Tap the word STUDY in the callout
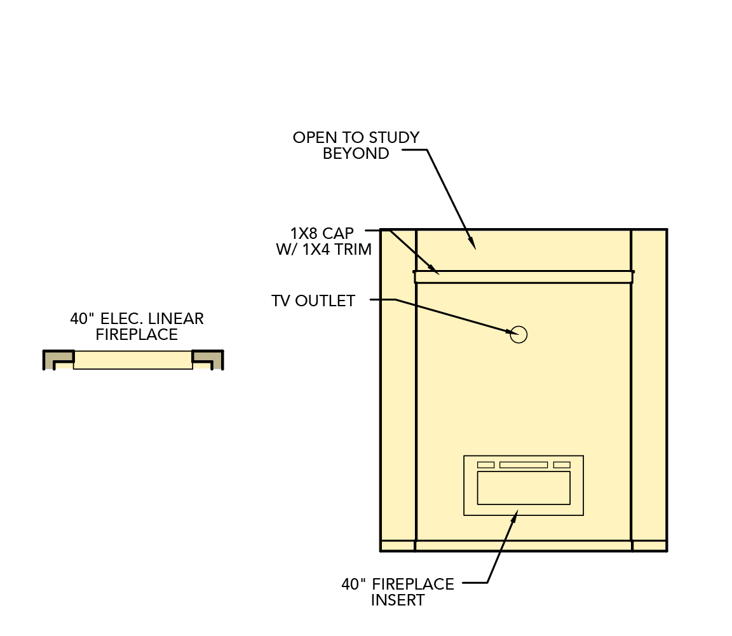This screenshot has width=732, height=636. [394, 138]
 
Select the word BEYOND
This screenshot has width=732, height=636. [356, 154]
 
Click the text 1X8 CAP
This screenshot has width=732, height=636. [322, 233]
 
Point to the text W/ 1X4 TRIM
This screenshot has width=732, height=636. [323, 249]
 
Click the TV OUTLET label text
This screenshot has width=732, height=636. [313, 301]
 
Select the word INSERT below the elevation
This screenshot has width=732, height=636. [398, 600]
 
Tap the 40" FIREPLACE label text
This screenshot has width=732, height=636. [398, 584]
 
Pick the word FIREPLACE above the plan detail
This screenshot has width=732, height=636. [137, 335]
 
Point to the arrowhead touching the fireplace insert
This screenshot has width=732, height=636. [515, 515]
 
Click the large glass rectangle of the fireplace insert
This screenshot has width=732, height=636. [524, 487]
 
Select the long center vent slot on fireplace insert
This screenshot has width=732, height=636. [524, 464]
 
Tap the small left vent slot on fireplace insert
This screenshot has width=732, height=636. [485, 464]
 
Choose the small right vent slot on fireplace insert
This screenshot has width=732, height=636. [562, 464]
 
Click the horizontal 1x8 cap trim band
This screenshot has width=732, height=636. [524, 277]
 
